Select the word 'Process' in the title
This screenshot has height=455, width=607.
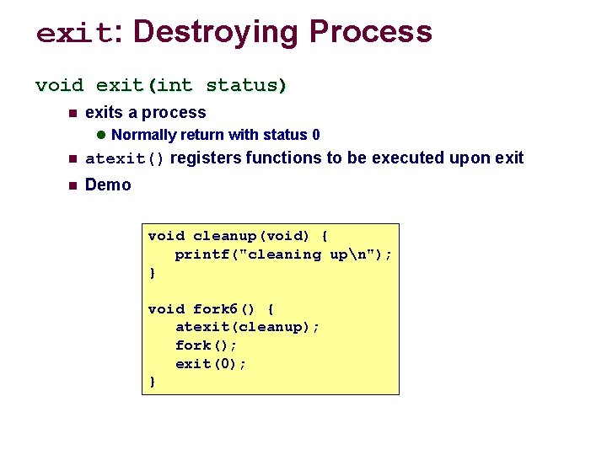click(x=370, y=32)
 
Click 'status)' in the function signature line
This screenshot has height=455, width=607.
click(x=247, y=85)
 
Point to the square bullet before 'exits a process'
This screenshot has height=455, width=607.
click(x=73, y=114)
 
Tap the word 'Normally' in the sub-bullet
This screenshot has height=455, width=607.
click(x=143, y=135)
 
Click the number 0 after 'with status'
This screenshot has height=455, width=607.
click(x=315, y=135)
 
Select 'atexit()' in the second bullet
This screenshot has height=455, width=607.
click(x=125, y=158)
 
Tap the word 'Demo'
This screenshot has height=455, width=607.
click(x=109, y=185)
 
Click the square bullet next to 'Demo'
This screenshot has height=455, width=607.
click(x=73, y=185)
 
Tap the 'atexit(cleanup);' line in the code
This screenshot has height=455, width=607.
click(x=247, y=327)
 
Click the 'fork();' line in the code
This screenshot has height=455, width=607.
click(x=206, y=345)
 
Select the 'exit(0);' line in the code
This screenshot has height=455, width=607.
click(x=211, y=364)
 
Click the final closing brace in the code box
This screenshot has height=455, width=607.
click(x=152, y=382)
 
